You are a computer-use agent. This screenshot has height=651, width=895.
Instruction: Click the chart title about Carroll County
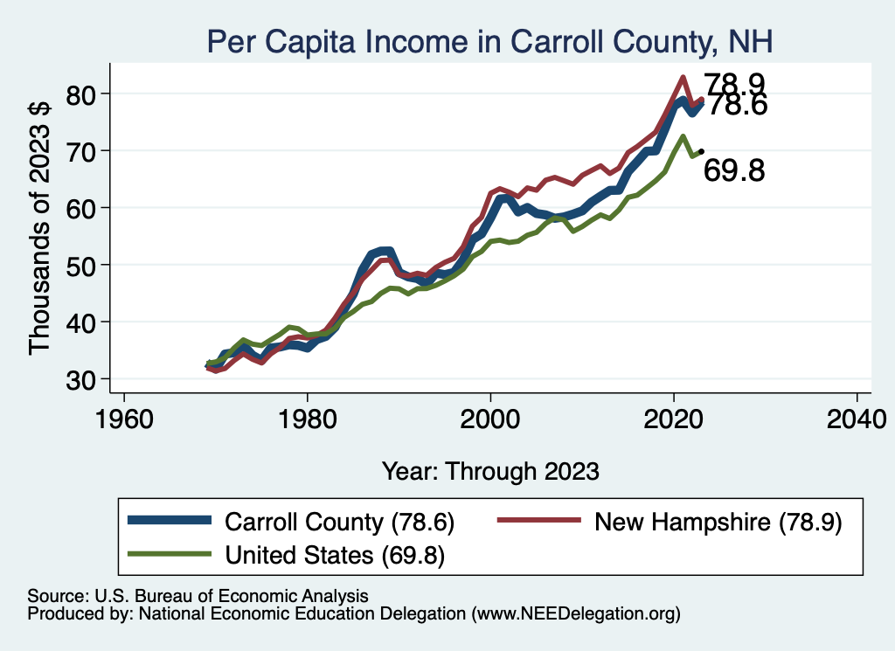[x=489, y=40]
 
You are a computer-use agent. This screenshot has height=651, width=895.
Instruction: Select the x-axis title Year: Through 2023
[x=490, y=471]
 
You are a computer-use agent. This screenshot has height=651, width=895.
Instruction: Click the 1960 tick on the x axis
[x=124, y=416]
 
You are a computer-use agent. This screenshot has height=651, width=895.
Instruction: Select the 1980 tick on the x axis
[x=308, y=416]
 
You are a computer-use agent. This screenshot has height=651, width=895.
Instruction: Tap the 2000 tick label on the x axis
[x=490, y=416]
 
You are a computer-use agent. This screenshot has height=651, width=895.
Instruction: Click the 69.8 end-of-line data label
[x=734, y=171]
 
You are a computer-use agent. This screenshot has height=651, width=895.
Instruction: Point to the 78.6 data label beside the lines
[x=736, y=106]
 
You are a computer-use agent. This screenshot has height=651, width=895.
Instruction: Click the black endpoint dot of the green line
[x=701, y=151]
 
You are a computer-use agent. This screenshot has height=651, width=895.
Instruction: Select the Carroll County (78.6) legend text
[x=340, y=522]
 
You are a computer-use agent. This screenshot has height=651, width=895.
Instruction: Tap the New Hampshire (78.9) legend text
[x=718, y=522]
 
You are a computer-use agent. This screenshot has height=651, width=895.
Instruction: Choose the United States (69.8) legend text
[x=335, y=555]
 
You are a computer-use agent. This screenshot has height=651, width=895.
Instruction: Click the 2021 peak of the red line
[x=683, y=77]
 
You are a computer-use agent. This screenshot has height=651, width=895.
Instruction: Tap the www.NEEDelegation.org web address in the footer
[x=575, y=614]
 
